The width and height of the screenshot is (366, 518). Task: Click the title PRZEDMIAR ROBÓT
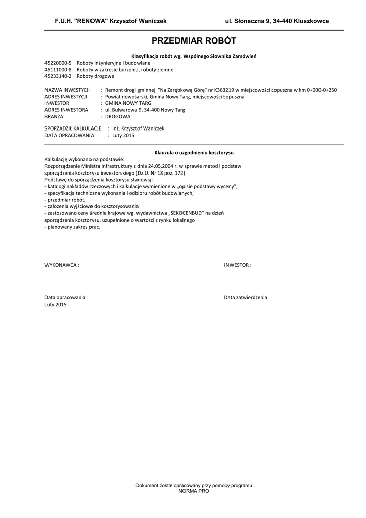[194, 41]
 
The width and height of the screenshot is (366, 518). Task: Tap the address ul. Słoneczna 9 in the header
[248, 21]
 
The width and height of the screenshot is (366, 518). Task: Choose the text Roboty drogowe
[96, 76]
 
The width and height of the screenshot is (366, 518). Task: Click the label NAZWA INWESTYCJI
[67, 90]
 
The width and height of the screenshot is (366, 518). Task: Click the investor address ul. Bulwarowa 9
[124, 109]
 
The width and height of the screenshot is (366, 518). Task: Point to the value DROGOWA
[118, 116]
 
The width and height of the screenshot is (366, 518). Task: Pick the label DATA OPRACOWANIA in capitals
[69, 135]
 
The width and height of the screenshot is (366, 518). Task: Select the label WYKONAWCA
[62, 265]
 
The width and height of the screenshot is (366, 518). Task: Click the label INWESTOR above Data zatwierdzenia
[238, 265]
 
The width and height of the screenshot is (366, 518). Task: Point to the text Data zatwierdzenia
[246, 297]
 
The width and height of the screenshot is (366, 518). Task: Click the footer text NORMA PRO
[194, 491]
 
